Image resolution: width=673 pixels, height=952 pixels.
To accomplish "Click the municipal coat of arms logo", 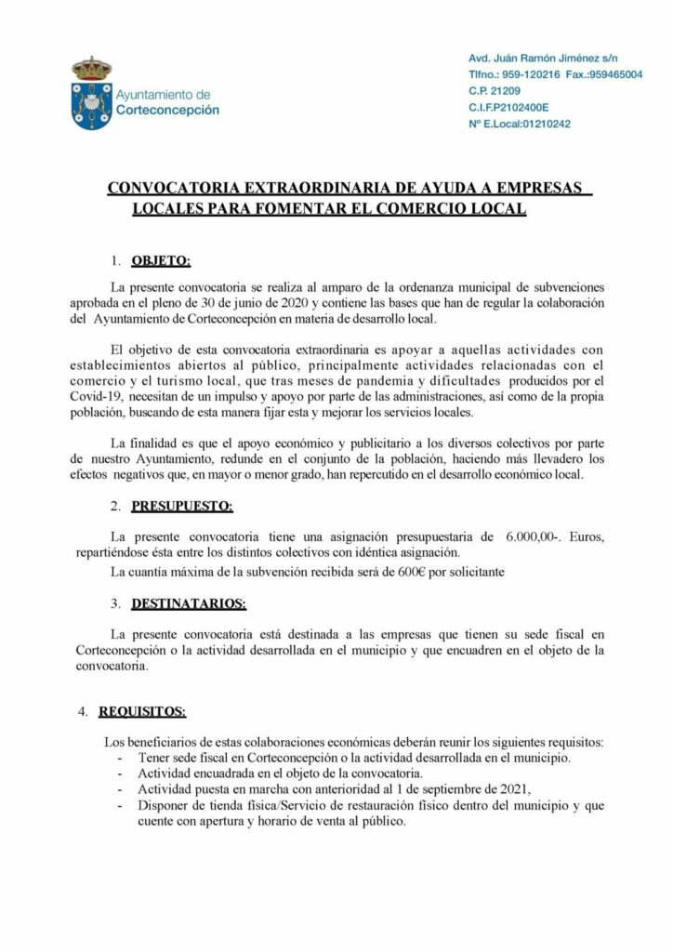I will pyautogui.click(x=91, y=93).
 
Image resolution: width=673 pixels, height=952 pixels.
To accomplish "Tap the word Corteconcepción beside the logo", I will pyautogui.click(x=168, y=109).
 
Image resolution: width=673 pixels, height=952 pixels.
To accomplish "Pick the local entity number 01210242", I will pyautogui.click(x=540, y=123).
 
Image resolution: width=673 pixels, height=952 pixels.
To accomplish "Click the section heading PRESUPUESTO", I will pyautogui.click(x=182, y=506).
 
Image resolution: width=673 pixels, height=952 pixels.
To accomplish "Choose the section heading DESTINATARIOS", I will pyautogui.click(x=189, y=603).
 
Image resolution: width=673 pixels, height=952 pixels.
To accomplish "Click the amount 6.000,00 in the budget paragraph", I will pyautogui.click(x=532, y=536).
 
